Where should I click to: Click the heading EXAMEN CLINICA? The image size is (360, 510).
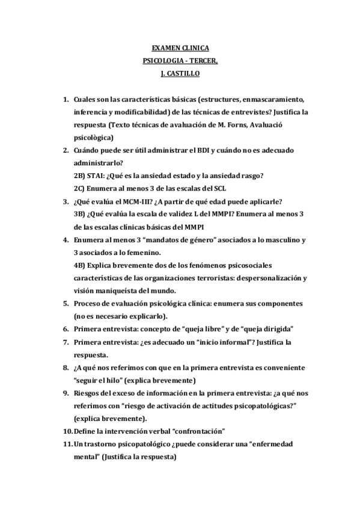(x=180, y=49)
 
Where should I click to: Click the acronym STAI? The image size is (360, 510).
(x=97, y=176)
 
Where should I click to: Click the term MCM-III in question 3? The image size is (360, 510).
(x=130, y=201)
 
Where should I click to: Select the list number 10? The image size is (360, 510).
(x=66, y=431)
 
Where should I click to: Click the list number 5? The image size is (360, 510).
(x=66, y=303)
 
